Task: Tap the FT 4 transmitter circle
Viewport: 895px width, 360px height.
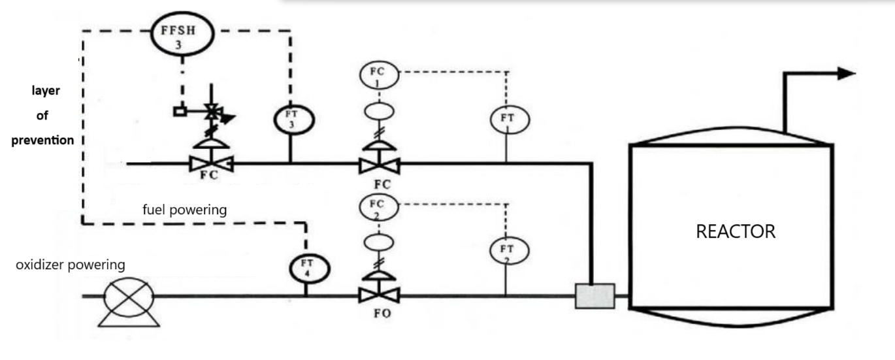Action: point(310,269)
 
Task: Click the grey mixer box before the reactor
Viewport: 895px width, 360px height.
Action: point(594,296)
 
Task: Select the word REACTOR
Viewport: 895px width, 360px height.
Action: point(736,232)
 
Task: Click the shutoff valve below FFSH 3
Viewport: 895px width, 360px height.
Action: point(210,163)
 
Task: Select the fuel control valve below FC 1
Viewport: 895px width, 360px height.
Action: point(379,164)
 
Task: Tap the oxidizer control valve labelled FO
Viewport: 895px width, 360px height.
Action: point(379,295)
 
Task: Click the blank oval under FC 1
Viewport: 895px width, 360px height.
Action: point(379,110)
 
